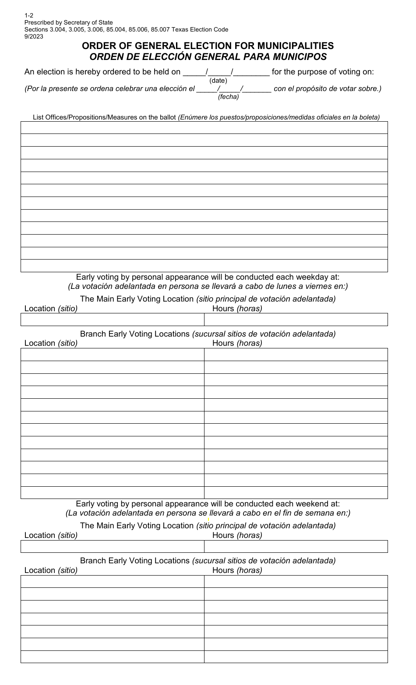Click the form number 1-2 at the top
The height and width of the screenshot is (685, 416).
pos(28,15)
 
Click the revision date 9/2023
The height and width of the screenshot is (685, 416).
pos(34,37)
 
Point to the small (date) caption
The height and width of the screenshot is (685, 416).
pos(218,81)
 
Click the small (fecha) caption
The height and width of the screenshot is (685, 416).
pos(228,97)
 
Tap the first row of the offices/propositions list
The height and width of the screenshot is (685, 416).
pos(204,127)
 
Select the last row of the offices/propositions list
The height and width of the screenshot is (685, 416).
pos(204,266)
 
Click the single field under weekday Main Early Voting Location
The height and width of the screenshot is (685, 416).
pos(204,320)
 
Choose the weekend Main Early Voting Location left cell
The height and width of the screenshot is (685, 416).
pos(112,546)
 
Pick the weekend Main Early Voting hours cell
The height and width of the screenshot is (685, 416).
pos(296,546)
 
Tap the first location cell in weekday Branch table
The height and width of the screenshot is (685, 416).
pos(112,355)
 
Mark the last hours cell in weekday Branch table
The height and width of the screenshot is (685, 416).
pos(296,492)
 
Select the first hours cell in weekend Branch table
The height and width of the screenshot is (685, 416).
pos(296,581)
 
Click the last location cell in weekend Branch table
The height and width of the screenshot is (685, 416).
pos(112,657)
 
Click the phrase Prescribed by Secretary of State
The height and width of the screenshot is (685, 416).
pos(68,23)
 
